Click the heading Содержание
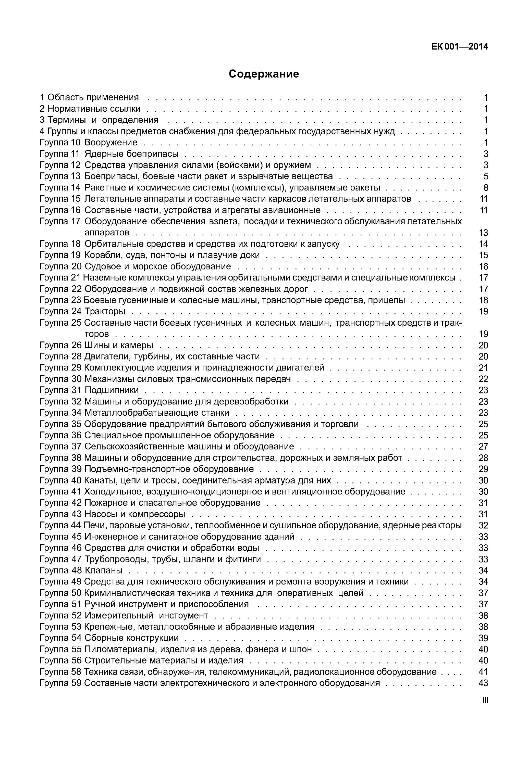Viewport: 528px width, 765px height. tap(264, 74)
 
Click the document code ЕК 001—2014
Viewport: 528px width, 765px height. tap(460, 47)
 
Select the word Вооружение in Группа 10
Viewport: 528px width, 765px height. tap(111, 143)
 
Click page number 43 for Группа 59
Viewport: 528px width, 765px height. tap(483, 683)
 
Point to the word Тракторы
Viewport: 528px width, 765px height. tap(105, 311)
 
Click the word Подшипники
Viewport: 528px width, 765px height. tap(112, 390)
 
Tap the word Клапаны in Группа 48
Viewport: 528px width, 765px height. tap(104, 570)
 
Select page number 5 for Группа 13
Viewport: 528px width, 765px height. tap(486, 176)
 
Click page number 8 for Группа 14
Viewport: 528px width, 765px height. tap(486, 187)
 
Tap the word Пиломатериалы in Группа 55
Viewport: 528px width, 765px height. tap(120, 649)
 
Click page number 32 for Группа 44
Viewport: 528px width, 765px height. tap(483, 525)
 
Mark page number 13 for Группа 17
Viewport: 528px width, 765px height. tap(483, 233)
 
